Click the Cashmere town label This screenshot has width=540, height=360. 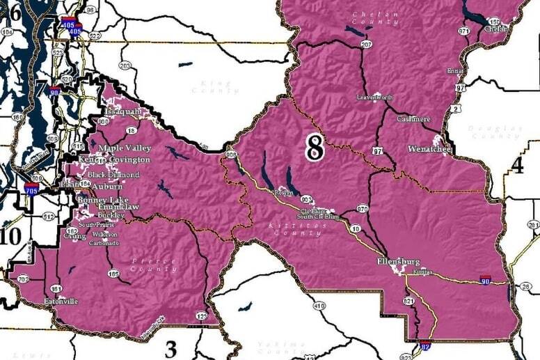tap(413, 119)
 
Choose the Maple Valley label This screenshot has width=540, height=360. tap(124, 148)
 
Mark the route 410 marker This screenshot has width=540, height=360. tap(319, 306)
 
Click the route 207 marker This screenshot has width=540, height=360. tap(366, 45)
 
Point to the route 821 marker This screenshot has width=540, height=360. tap(408, 302)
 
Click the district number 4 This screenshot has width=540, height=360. tap(517, 165)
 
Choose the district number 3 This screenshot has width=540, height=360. tap(170, 347)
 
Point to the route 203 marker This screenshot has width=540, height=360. tap(125, 66)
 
